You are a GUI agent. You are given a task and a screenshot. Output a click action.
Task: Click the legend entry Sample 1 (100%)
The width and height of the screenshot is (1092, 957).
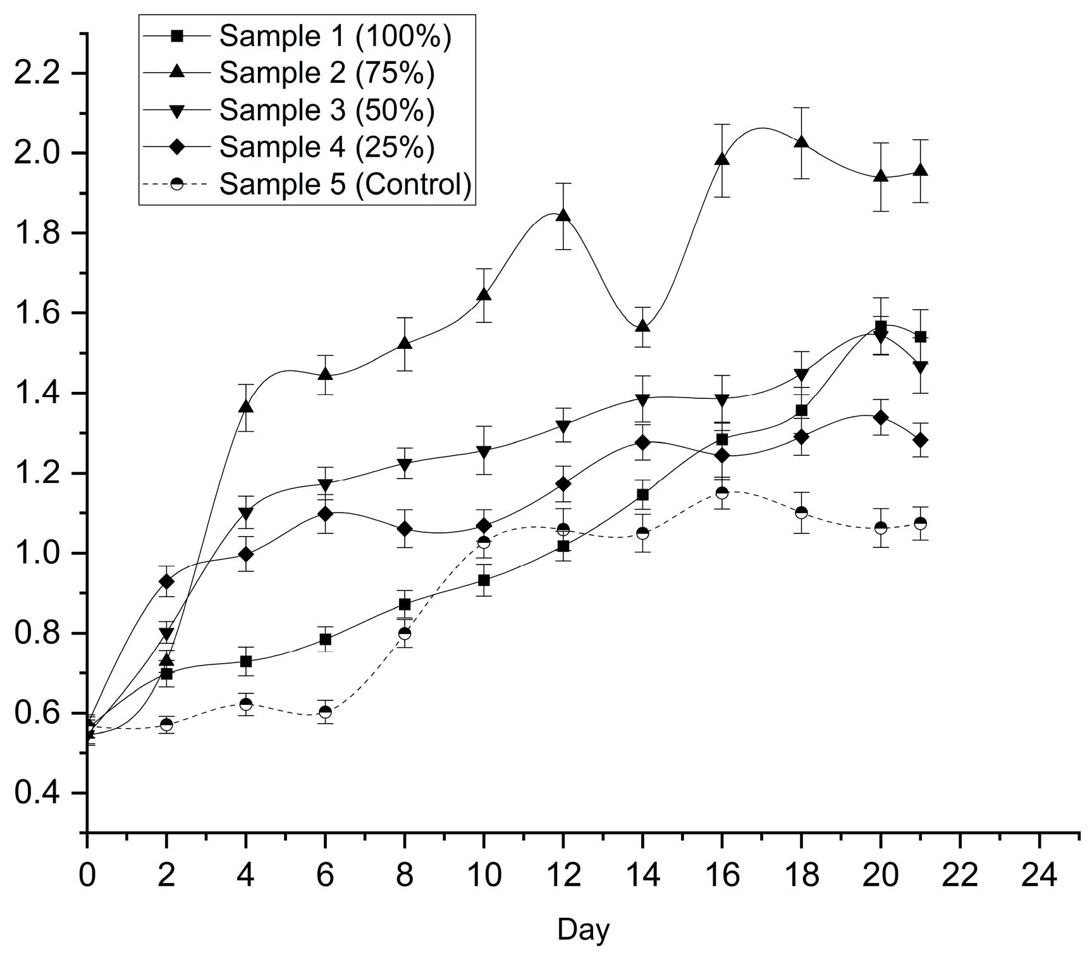coord(335,37)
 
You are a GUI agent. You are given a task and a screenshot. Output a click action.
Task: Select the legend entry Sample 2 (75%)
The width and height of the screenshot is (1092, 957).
coord(327,73)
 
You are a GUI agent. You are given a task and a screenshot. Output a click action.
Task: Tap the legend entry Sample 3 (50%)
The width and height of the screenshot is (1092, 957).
coord(327,110)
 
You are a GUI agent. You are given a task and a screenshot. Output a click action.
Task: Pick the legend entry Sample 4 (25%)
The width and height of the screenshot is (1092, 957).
coord(327,147)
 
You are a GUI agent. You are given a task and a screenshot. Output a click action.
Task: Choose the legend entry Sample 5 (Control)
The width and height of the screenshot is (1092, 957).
coord(345,184)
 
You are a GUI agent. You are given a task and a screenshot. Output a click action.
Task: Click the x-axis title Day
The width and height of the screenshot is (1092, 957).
coord(583,930)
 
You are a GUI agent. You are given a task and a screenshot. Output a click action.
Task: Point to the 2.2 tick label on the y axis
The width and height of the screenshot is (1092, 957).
coord(41,73)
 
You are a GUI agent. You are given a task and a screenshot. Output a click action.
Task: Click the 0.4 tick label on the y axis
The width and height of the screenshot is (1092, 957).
coord(41,793)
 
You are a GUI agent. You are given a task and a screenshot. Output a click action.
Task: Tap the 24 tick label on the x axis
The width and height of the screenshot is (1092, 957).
coord(1039,876)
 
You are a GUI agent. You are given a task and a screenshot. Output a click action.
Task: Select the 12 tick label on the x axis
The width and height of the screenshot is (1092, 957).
coord(563,876)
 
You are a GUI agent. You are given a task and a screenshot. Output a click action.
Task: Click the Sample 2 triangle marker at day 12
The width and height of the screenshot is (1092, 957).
coord(563,216)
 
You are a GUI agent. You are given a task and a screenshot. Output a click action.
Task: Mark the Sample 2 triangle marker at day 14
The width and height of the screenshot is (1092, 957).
coord(642,326)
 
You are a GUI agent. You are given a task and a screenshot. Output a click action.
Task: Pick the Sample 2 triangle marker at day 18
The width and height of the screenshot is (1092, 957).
coord(801,142)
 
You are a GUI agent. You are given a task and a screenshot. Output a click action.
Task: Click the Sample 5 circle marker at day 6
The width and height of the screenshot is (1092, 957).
coord(325,712)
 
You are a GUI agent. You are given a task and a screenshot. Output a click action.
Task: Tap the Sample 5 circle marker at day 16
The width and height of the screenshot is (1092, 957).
coord(721,492)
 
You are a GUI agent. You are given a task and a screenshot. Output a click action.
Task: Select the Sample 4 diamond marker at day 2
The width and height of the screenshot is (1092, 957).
coord(166,581)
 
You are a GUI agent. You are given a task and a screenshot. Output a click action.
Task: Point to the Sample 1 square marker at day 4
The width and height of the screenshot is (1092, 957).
coord(246,661)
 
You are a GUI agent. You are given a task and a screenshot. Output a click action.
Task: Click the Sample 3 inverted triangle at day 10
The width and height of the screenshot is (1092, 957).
coord(484,452)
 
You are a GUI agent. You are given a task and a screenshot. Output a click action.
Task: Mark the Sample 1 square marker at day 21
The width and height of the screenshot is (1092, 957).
coord(920,337)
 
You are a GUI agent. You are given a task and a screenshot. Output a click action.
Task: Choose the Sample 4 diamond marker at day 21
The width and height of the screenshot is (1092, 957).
coord(920,440)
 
